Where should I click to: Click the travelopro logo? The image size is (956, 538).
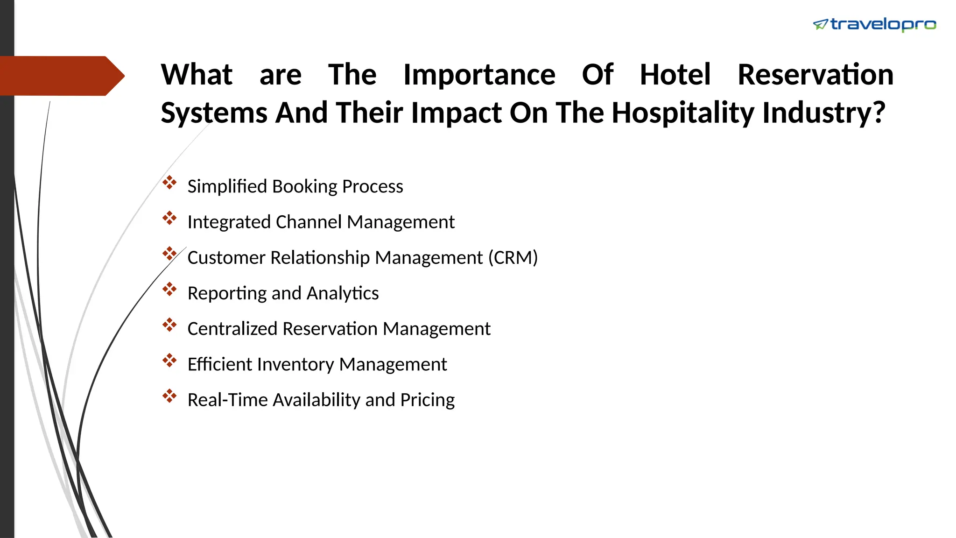[x=874, y=25]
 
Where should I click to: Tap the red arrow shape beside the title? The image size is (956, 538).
[x=61, y=76]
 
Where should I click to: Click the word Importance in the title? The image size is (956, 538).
[x=479, y=75]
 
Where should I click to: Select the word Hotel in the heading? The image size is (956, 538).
[x=675, y=75]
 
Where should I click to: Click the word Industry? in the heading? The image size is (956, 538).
[x=823, y=113]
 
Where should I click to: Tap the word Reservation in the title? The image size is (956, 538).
[x=815, y=75]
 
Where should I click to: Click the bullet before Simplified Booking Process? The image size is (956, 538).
[x=169, y=183]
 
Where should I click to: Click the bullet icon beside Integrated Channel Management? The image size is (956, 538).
[x=169, y=218]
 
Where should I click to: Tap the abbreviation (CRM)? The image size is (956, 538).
[x=513, y=258]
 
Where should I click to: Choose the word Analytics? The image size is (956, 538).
[x=343, y=293]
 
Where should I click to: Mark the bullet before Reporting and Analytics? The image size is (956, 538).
[x=169, y=290]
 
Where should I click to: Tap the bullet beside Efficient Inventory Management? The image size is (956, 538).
[x=169, y=361]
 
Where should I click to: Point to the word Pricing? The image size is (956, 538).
[x=427, y=400]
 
